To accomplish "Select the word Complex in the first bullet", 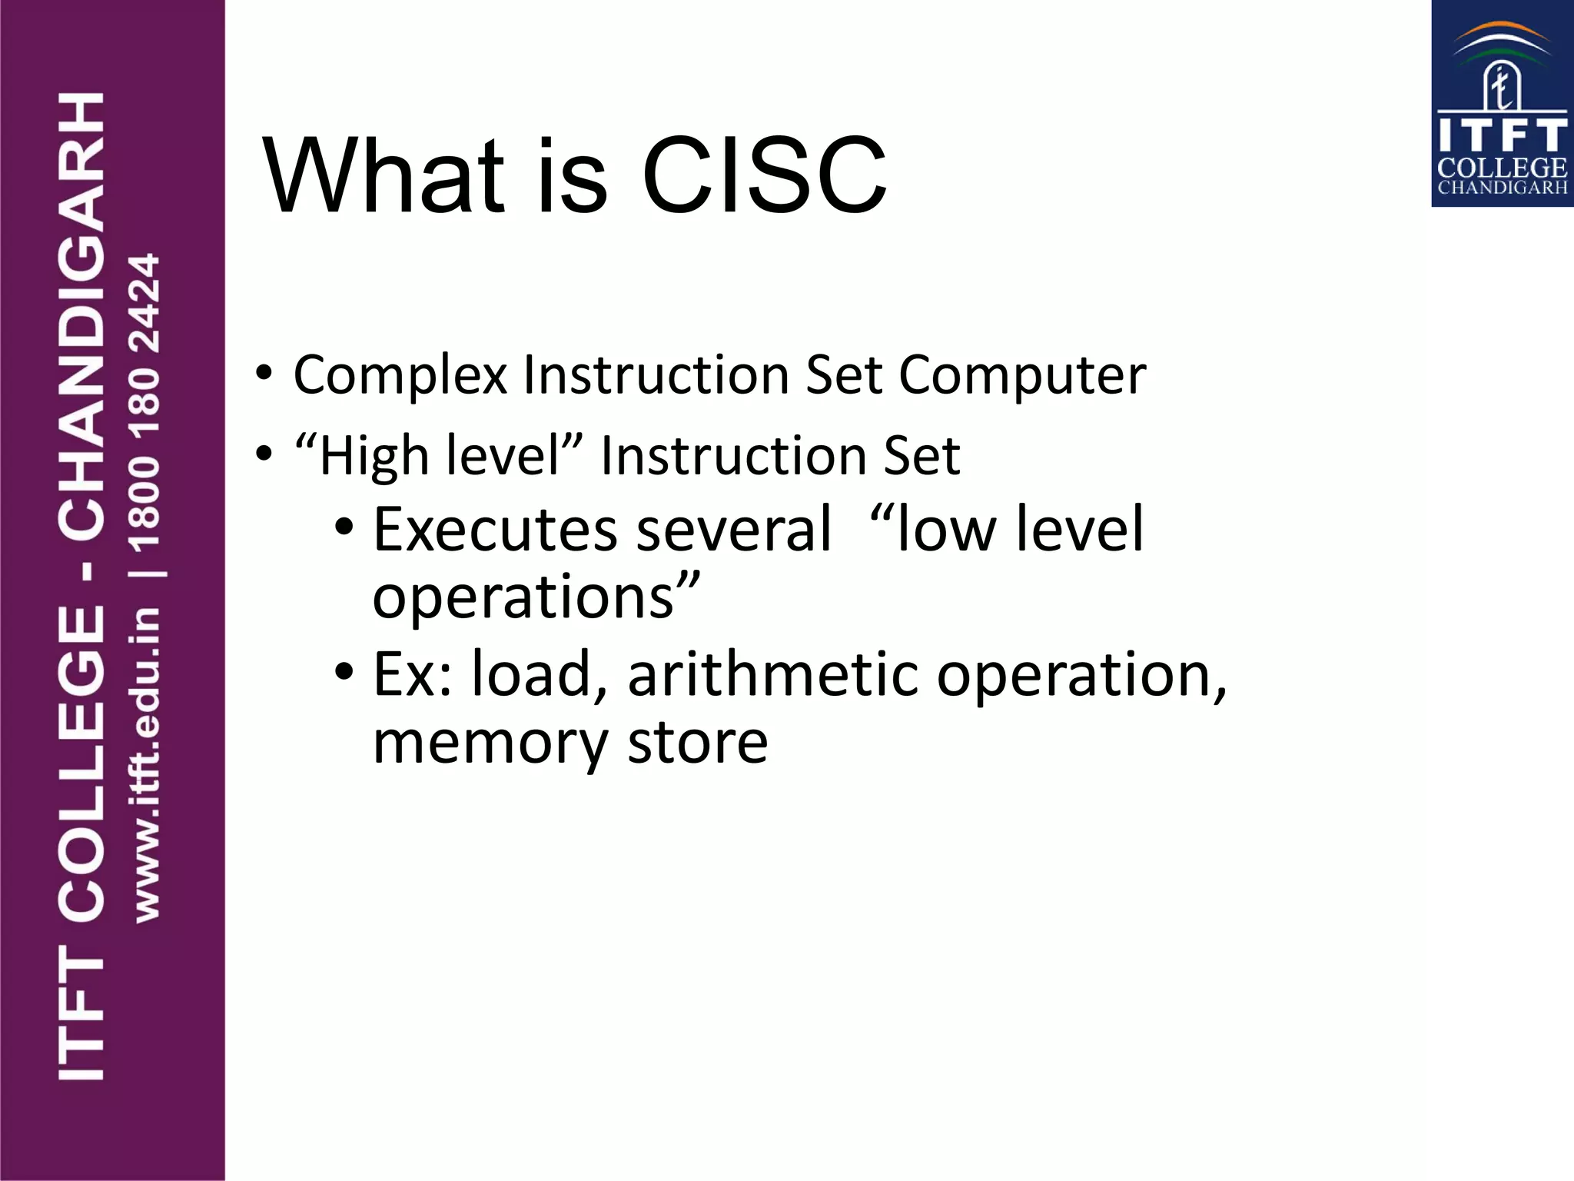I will (x=400, y=376).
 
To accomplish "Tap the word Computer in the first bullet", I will (x=1022, y=376).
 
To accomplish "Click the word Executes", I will (x=495, y=530).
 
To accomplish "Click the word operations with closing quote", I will (x=536, y=598).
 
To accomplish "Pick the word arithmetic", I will (x=772, y=674).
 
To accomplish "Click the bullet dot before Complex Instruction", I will (x=264, y=374).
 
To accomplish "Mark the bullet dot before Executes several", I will (x=344, y=527).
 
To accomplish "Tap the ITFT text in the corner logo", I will (x=1502, y=135).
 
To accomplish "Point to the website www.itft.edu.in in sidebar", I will (x=146, y=765).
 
